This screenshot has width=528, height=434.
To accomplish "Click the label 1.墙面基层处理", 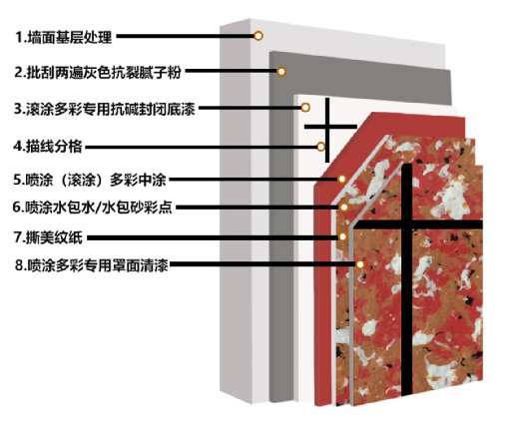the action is coord(64,37).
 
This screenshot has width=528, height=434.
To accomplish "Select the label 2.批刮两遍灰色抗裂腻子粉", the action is coord(98,72).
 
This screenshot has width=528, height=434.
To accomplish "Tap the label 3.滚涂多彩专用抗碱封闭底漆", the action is coord(105,109).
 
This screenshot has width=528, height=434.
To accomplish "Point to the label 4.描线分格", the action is coord(48,147).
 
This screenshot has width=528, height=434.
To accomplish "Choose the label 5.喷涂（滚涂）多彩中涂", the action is coord(90,180).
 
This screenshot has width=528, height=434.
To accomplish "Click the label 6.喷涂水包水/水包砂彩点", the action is coord(93,208).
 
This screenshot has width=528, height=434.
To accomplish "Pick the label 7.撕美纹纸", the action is coord(48,237).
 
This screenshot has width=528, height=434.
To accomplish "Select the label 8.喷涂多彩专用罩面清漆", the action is coord(91,265).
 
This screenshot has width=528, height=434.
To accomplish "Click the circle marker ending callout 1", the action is coord(259,36).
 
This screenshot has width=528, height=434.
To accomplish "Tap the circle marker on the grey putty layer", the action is coord(281,72).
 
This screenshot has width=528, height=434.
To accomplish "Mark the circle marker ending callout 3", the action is coord(305,108).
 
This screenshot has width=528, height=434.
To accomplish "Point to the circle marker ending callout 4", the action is coord(321,147).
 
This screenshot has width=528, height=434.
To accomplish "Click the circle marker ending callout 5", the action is coord(341,179).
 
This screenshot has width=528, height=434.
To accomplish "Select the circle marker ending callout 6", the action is coord(343,208).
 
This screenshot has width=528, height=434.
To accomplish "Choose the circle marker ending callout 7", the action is coord(342,236).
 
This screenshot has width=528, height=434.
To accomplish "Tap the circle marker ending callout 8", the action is coord(360,264).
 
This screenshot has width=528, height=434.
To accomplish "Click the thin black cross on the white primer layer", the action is coord(327,127).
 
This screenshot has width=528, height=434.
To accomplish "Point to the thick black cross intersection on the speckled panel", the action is coord(407,224).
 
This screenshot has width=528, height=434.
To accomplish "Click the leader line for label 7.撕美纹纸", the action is coord(213,237).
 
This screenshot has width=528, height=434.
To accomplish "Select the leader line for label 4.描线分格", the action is coord(201,147).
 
